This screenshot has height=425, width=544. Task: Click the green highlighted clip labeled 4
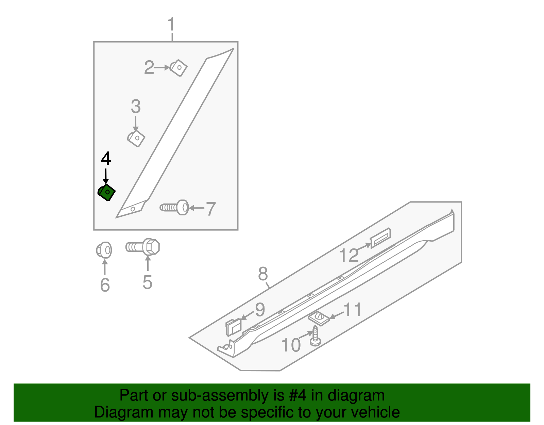(x=107, y=193)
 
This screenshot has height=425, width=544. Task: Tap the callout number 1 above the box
(x=171, y=25)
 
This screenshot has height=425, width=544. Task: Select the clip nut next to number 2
(x=179, y=68)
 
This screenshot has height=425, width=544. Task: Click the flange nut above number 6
(x=104, y=250)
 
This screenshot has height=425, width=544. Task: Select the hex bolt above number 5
(x=143, y=247)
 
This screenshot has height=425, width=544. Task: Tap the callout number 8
(x=263, y=274)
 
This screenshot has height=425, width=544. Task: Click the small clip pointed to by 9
(x=233, y=327)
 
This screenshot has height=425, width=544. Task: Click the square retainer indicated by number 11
(x=319, y=318)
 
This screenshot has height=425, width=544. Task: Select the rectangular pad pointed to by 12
(x=380, y=238)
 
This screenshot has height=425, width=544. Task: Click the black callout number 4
(x=106, y=159)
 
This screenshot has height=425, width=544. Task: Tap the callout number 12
(x=349, y=256)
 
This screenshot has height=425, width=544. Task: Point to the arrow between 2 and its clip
(x=162, y=68)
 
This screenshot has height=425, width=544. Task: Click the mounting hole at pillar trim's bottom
(x=133, y=209)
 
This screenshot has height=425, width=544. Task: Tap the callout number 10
(x=291, y=345)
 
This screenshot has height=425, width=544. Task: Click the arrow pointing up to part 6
(x=105, y=267)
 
